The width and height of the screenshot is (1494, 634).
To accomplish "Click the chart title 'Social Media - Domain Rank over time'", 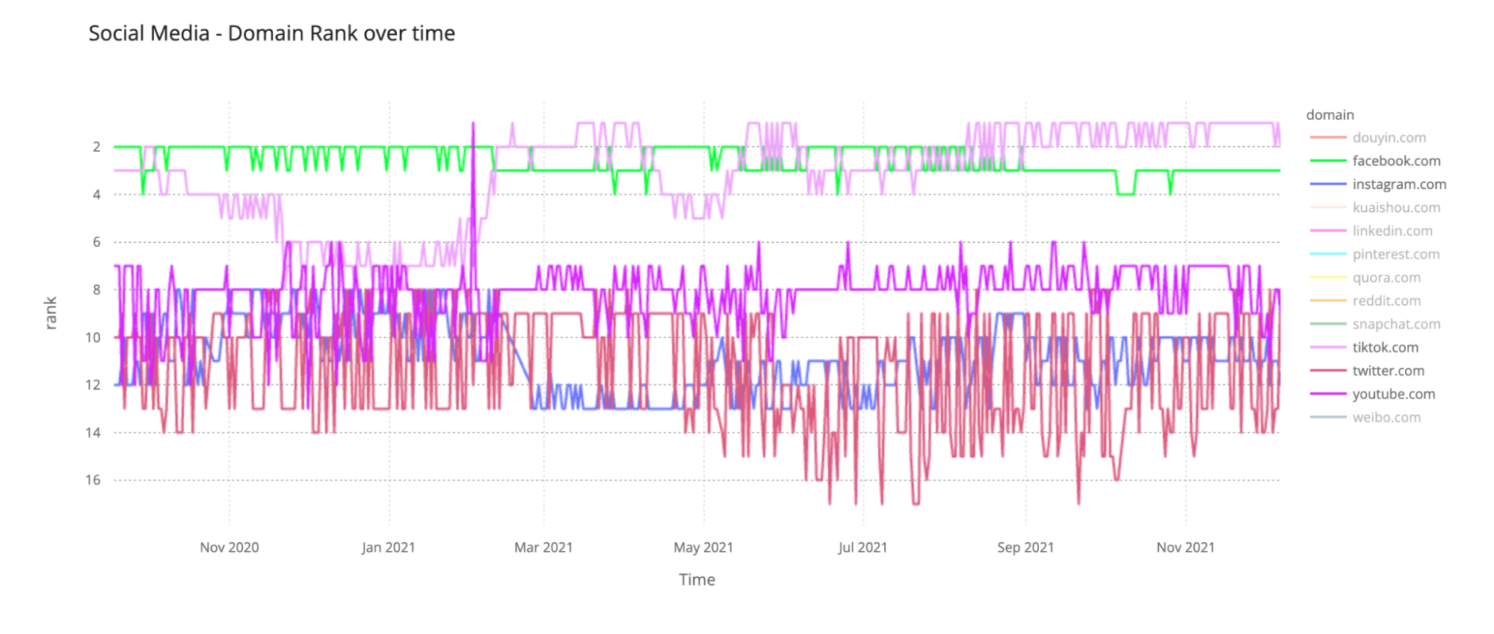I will tap(271, 34).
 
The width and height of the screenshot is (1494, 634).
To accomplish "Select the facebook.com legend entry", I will tap(1395, 161).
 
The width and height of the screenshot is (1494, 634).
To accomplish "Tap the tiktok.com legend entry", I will tap(1384, 348).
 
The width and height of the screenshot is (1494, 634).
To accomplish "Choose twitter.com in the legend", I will tap(1387, 371).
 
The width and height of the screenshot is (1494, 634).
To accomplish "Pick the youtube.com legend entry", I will tap(1393, 394).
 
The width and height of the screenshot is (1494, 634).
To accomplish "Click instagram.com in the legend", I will tap(1398, 184).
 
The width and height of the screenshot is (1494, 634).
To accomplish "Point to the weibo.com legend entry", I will tap(1386, 417).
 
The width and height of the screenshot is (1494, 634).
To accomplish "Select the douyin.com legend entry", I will tap(1389, 138).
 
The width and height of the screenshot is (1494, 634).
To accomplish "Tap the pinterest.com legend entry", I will tap(1395, 254).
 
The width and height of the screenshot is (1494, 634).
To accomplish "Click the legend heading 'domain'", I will tap(1330, 115).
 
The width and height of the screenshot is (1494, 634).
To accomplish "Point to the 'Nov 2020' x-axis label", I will tap(229, 547).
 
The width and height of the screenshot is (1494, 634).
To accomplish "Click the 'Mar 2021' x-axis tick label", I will tap(543, 547).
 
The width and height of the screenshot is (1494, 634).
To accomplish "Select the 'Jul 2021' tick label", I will tap(862, 547).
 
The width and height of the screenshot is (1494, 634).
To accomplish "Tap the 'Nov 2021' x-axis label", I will tap(1185, 547).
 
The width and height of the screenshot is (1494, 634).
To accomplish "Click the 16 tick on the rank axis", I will tap(93, 480).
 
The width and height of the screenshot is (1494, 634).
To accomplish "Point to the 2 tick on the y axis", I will tap(96, 147).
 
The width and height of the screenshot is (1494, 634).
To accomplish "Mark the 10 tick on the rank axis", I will tap(93, 337).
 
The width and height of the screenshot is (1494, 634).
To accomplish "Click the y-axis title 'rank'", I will tap(51, 313).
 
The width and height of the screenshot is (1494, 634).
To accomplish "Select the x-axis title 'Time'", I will tap(697, 579).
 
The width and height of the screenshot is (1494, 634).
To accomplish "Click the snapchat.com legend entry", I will tap(1395, 324).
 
